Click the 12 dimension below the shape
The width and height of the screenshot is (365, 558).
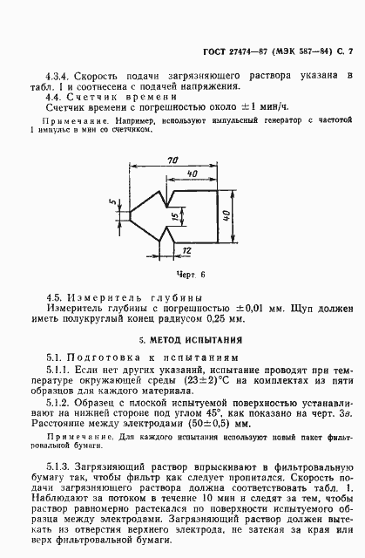(187, 251)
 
